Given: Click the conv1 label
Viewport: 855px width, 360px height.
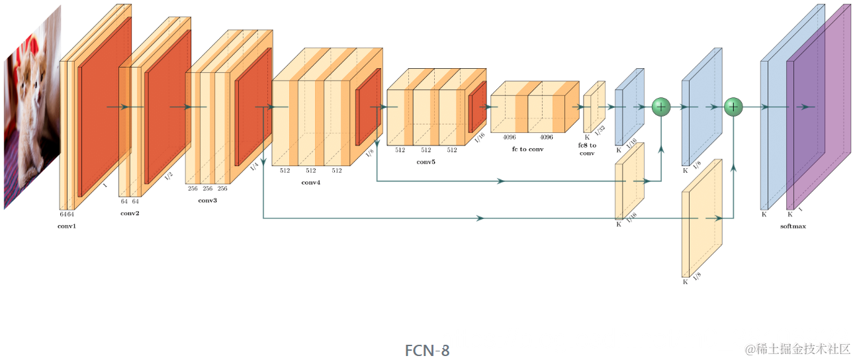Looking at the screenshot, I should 67,226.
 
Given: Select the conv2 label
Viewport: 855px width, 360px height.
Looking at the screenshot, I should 130,214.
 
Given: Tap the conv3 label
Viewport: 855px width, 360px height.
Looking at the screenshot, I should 207,201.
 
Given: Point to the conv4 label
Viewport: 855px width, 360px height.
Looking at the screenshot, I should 310,182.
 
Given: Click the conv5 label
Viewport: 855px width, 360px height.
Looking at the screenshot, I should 426,161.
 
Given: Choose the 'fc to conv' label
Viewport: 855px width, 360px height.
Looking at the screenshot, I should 527,149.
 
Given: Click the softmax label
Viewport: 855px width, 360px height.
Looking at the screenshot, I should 793,226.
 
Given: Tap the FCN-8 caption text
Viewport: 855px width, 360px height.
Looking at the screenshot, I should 427,350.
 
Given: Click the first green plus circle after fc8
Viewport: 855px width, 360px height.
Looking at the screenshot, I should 661,107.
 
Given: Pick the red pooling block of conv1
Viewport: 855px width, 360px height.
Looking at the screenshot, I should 104,106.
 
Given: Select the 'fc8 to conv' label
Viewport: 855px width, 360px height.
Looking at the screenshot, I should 588,149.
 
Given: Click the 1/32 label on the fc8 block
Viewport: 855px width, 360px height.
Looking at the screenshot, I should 600,130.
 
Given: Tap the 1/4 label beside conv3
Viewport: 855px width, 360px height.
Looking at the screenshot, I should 255,167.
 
